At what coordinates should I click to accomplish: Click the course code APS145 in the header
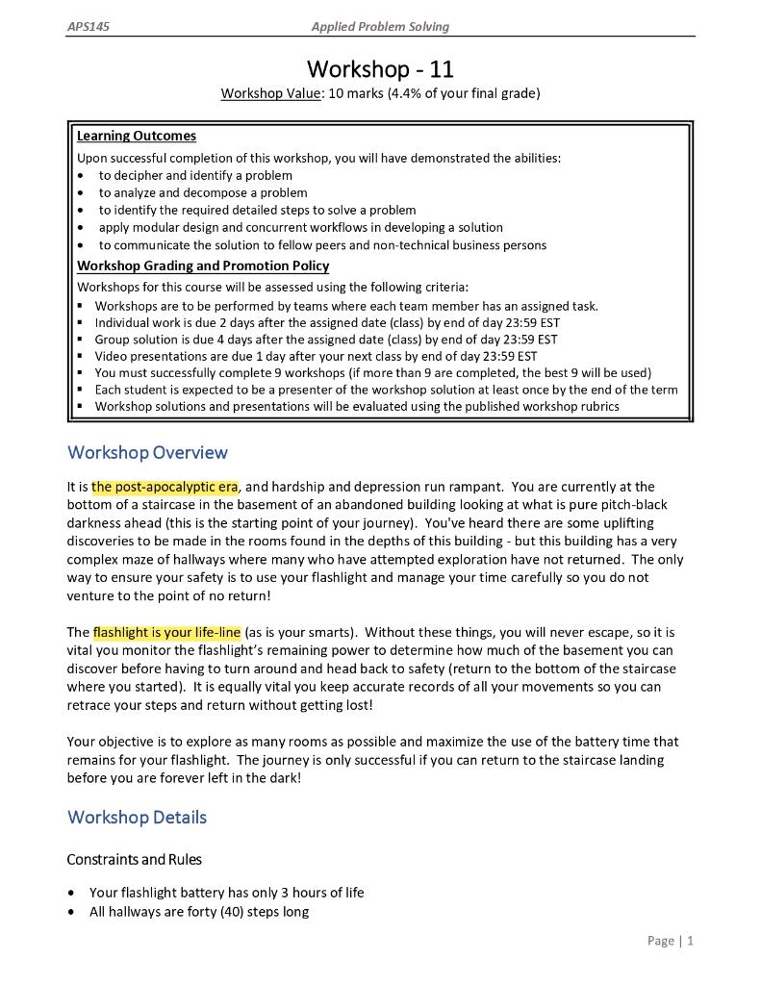(88, 27)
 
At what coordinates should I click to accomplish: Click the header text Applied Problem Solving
(380, 27)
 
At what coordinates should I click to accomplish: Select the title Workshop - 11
(380, 69)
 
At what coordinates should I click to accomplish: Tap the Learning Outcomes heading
(136, 136)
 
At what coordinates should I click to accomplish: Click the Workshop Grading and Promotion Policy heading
(202, 265)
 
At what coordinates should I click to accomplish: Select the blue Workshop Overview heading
(147, 452)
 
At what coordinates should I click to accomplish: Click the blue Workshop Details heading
(137, 817)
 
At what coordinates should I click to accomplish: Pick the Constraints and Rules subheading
(134, 859)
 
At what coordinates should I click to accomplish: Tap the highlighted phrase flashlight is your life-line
(166, 633)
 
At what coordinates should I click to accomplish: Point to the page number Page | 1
(671, 940)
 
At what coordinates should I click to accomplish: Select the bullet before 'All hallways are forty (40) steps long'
(74, 912)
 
